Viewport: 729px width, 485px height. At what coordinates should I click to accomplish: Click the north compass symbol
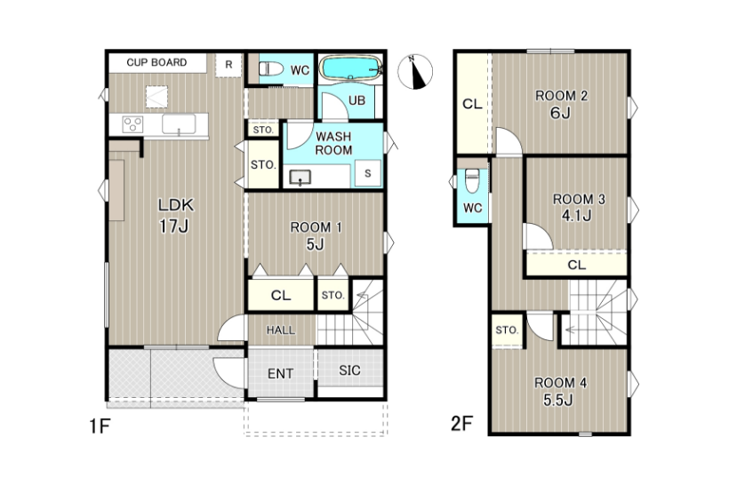pyautogui.click(x=415, y=72)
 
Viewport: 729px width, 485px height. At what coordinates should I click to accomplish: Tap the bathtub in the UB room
pyautogui.click(x=352, y=68)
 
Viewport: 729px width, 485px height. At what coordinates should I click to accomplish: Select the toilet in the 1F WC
pyautogui.click(x=271, y=69)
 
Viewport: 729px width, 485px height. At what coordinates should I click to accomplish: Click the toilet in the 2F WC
pyautogui.click(x=472, y=180)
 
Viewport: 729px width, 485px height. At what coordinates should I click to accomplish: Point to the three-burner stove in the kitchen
pyautogui.click(x=132, y=124)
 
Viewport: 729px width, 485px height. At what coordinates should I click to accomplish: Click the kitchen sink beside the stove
pyautogui.click(x=179, y=124)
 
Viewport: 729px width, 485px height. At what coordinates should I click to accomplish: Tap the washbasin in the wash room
pyautogui.click(x=300, y=177)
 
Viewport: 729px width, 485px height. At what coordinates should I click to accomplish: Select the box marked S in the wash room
pyautogui.click(x=368, y=173)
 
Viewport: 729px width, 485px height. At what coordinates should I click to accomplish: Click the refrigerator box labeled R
pyautogui.click(x=228, y=65)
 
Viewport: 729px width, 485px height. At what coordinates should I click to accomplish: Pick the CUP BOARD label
pyautogui.click(x=156, y=62)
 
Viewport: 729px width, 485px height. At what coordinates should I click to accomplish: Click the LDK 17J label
pyautogui.click(x=175, y=215)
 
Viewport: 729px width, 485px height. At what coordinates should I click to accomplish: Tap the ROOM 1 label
pyautogui.click(x=316, y=227)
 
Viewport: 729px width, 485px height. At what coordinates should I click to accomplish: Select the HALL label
pyautogui.click(x=280, y=330)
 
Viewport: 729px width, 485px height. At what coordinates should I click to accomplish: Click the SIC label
pyautogui.click(x=349, y=370)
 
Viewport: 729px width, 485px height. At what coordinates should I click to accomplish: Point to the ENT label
pyautogui.click(x=280, y=373)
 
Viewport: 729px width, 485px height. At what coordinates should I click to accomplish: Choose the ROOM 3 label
pyautogui.click(x=579, y=199)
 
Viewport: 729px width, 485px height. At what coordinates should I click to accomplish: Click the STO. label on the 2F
pyautogui.click(x=507, y=330)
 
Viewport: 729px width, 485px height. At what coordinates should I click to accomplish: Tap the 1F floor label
pyautogui.click(x=100, y=425)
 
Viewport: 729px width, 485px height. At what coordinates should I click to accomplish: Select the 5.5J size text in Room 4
pyautogui.click(x=558, y=400)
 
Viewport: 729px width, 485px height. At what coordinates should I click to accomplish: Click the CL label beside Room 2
pyautogui.click(x=472, y=104)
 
